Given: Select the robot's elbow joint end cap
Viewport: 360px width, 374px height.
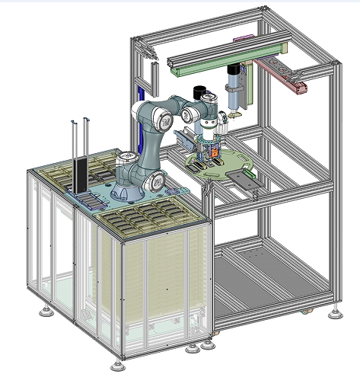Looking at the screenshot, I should click(164, 119).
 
